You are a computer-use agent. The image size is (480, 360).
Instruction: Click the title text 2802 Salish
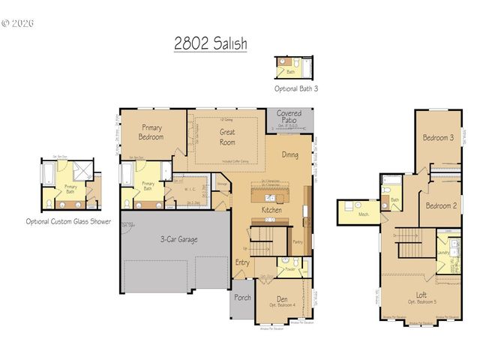click(x=210, y=44)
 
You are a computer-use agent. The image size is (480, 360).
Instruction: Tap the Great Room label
click(x=227, y=136)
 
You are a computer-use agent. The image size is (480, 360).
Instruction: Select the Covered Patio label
click(x=289, y=117)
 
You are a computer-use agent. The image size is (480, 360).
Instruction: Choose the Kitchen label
click(x=271, y=210)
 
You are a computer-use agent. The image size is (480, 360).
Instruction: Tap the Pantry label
click(x=298, y=241)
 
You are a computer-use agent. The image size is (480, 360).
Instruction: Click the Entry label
click(x=242, y=262)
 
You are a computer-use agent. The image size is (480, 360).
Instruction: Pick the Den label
click(x=280, y=298)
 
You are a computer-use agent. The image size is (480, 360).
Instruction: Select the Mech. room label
click(x=365, y=214)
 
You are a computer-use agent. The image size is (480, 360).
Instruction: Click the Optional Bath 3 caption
click(x=295, y=88)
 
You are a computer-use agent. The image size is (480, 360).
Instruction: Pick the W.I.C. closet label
click(x=190, y=188)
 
